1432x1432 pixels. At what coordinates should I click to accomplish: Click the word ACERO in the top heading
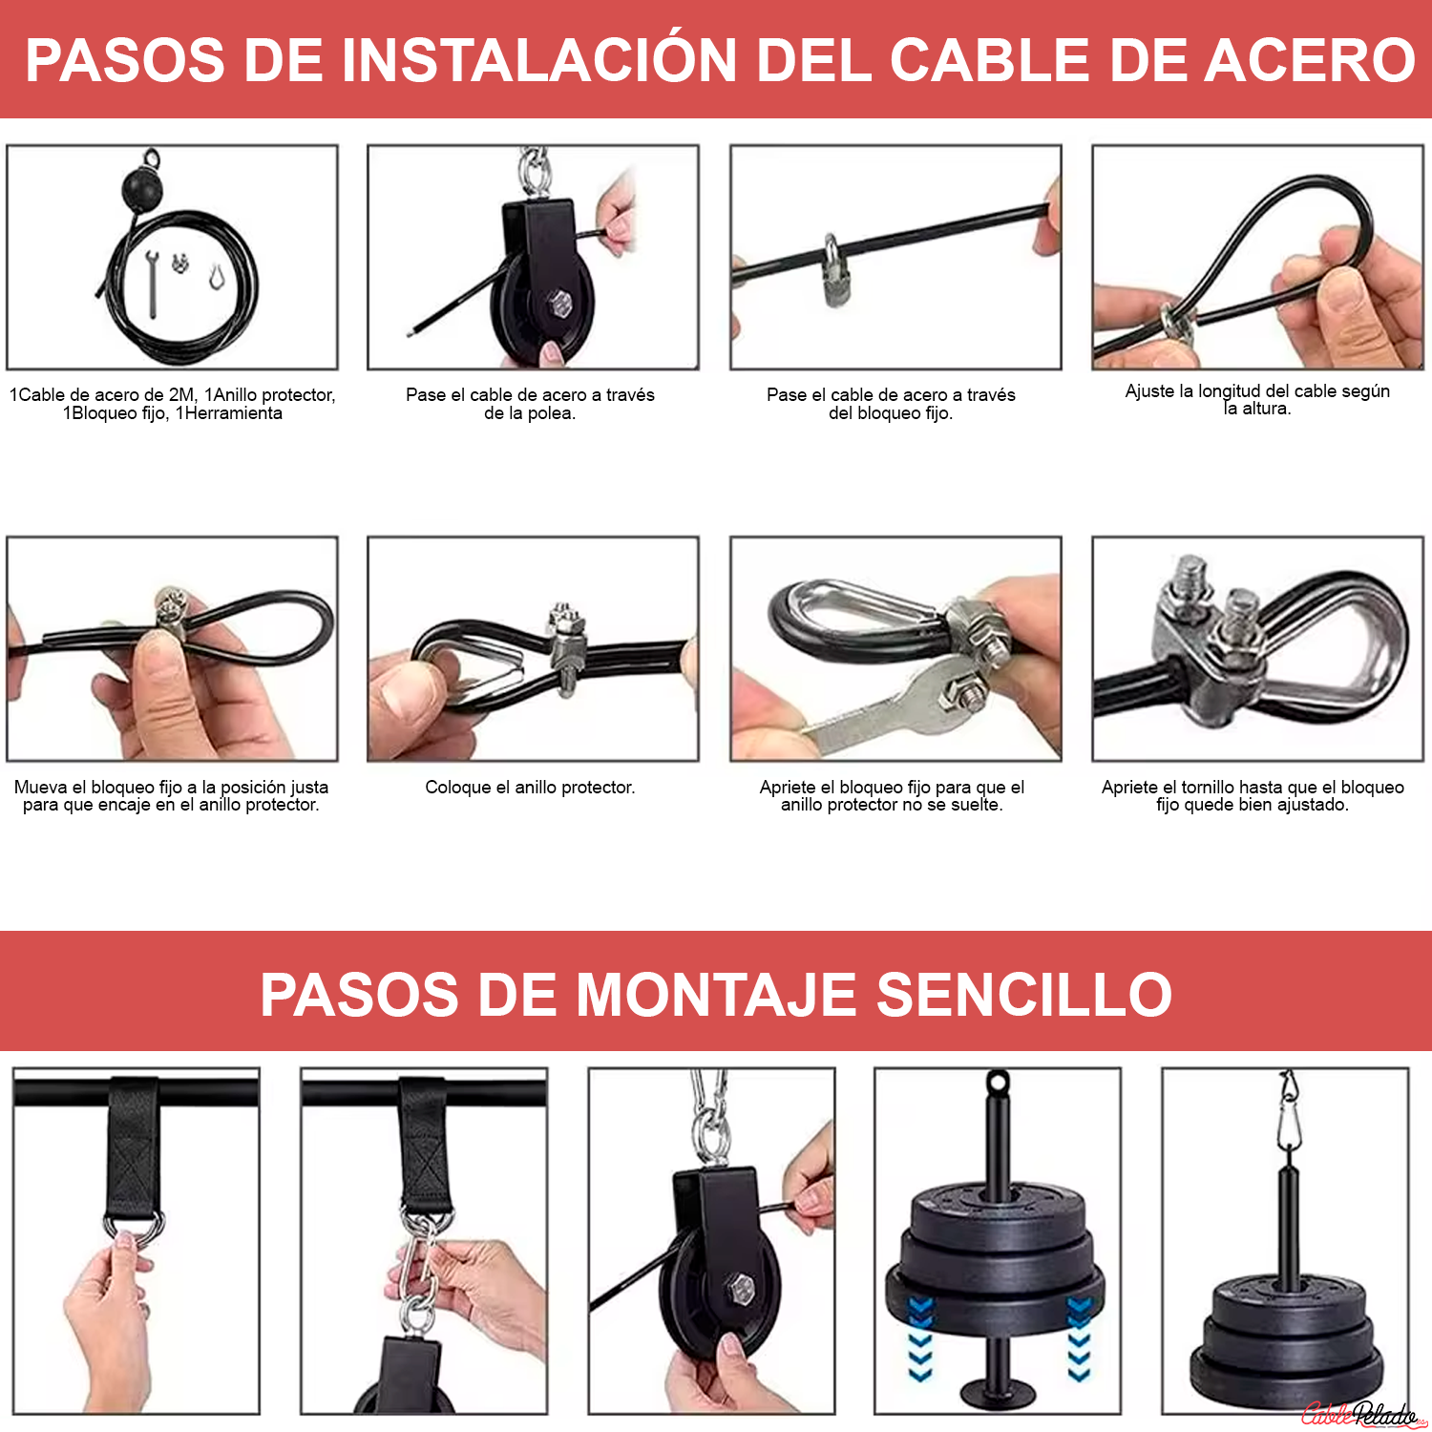[x=1310, y=60]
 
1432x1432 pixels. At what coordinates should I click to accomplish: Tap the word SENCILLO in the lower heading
[x=1024, y=995]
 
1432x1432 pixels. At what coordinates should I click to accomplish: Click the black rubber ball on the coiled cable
[x=143, y=185]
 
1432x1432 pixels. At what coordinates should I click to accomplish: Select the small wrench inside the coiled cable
[x=151, y=283]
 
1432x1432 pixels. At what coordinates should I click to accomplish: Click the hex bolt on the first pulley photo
[x=559, y=305]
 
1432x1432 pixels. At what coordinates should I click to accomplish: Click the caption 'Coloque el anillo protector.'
[x=530, y=788]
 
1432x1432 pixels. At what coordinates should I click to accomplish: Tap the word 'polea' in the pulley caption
[x=551, y=413]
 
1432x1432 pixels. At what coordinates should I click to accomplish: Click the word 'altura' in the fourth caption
[x=1265, y=409]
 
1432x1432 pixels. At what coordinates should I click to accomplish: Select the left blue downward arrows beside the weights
[x=920, y=1337]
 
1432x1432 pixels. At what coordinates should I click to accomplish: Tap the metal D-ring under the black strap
[x=134, y=1227]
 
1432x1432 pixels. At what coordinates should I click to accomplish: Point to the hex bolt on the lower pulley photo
[x=741, y=1289]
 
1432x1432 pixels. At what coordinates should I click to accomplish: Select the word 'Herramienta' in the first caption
[x=233, y=413]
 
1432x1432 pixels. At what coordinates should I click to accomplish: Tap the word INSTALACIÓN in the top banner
[x=539, y=60]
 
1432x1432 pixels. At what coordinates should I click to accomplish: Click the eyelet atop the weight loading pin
[x=998, y=1084]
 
